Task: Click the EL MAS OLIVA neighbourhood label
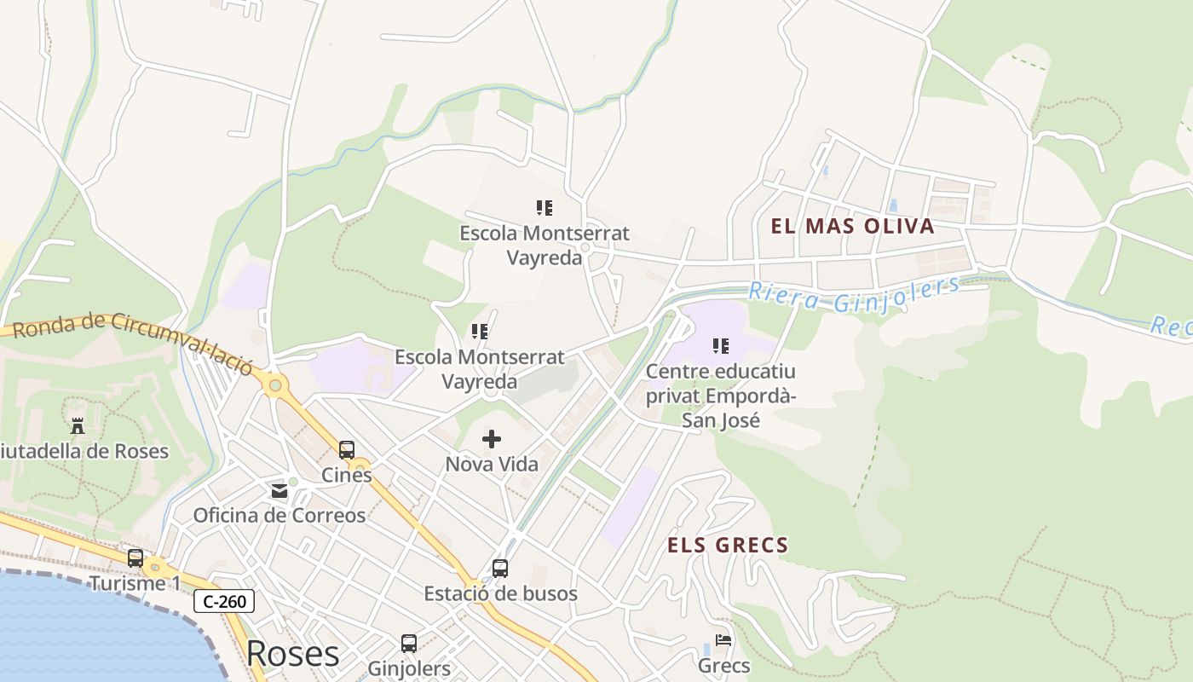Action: [852, 226]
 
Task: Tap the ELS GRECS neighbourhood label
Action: [728, 546]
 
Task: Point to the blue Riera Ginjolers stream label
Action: [854, 294]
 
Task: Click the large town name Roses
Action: [292, 654]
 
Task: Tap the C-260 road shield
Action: [224, 601]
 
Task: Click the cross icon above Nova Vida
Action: [492, 439]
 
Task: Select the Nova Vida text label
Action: [492, 465]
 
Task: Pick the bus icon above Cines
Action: [347, 449]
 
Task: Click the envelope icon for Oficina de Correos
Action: [280, 490]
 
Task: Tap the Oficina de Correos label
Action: [280, 515]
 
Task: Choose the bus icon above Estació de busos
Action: [500, 568]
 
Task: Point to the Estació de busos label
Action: [501, 593]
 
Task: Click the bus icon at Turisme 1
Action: [135, 558]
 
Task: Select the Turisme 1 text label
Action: [135, 584]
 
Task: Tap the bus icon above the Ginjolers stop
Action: [409, 643]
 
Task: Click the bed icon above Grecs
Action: [723, 640]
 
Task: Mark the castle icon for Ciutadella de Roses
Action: [78, 425]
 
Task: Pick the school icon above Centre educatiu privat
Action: [721, 346]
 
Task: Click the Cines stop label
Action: [347, 475]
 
